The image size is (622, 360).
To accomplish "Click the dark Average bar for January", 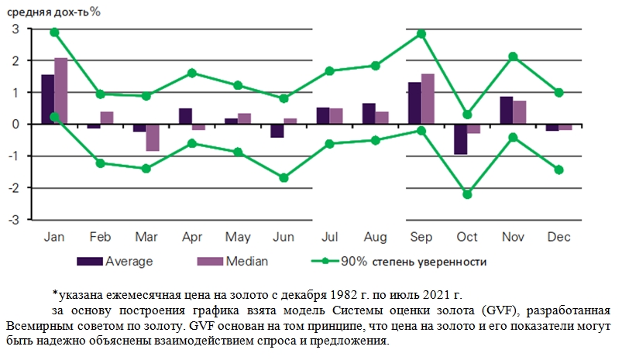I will coord(48,99).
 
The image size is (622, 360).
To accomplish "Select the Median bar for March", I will coord(153,138).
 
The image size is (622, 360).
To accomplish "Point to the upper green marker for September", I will coord(421,34).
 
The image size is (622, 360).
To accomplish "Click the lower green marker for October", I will coord(468,194).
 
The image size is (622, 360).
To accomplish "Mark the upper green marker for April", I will coord(192,73).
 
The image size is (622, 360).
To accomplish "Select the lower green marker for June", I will coord(284,177).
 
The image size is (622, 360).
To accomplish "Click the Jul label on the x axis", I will coord(328,236).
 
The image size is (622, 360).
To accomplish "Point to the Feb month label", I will coord(101,236).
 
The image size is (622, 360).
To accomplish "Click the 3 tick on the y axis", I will coord(15,29).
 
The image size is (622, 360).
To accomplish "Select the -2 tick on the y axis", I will coord(12,188).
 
